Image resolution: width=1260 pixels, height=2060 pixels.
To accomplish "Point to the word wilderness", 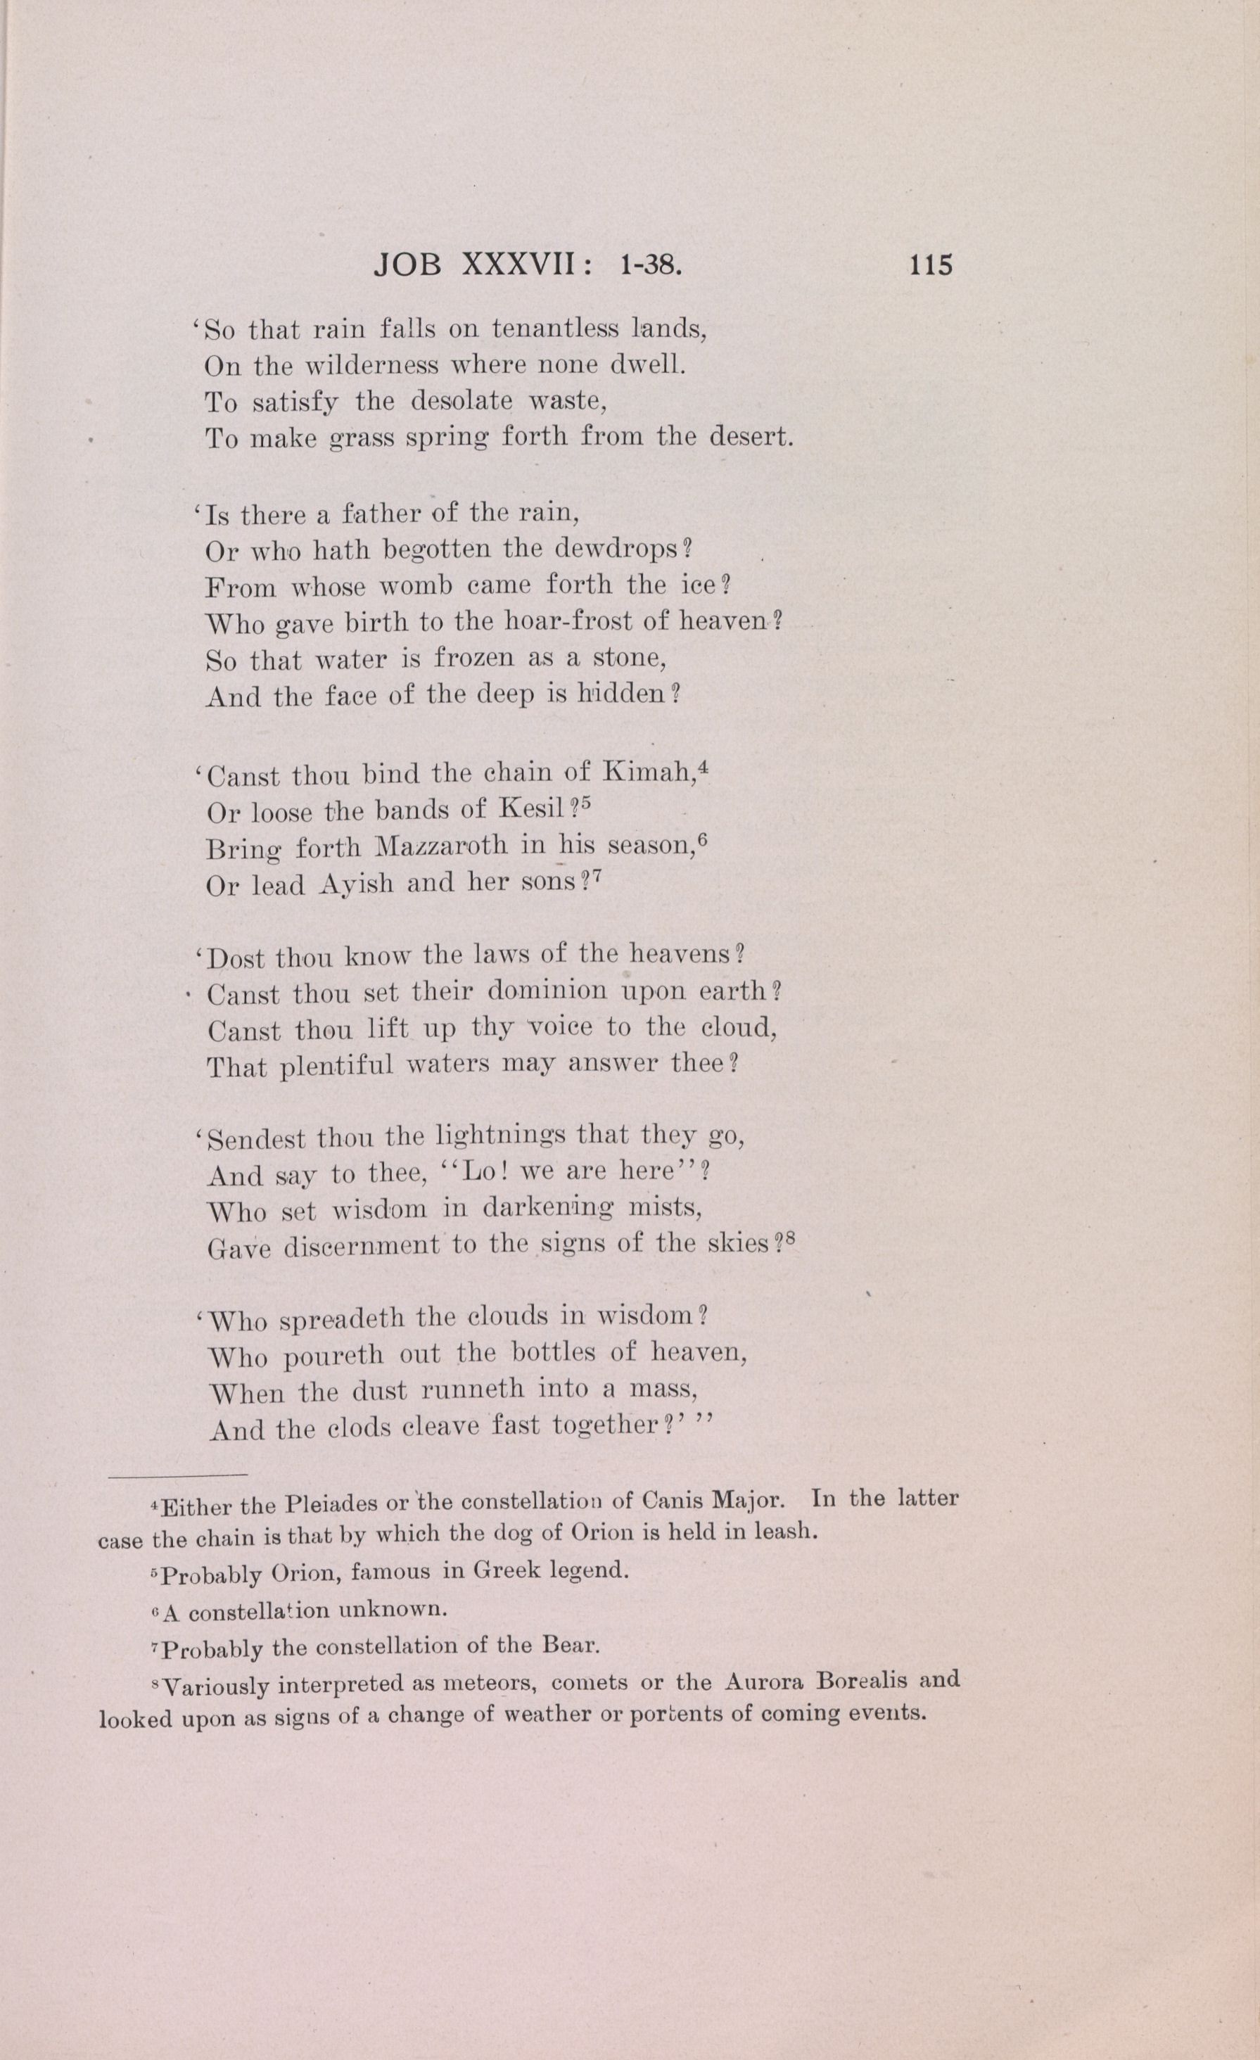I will tap(370, 366).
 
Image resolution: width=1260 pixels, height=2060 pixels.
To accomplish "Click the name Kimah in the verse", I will tap(649, 773).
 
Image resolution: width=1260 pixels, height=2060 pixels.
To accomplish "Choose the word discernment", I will tap(361, 1246).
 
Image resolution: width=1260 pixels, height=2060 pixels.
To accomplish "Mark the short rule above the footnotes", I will tap(177, 1474).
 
